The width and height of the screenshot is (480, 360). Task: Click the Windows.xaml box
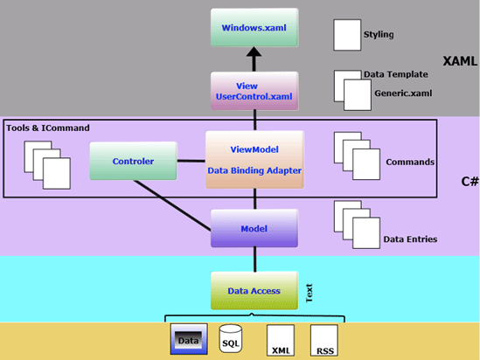(254, 28)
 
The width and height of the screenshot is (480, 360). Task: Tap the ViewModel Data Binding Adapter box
(254, 159)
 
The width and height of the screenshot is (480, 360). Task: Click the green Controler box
(133, 162)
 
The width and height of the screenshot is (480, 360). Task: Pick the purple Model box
(254, 228)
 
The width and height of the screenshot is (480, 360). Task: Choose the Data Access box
(254, 290)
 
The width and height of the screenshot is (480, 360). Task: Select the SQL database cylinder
(231, 339)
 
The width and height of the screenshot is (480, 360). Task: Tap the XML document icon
(279, 339)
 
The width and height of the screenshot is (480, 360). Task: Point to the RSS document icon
(323, 339)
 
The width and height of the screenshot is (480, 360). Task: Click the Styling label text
(378, 36)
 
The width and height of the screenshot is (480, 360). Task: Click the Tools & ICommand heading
(48, 128)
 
